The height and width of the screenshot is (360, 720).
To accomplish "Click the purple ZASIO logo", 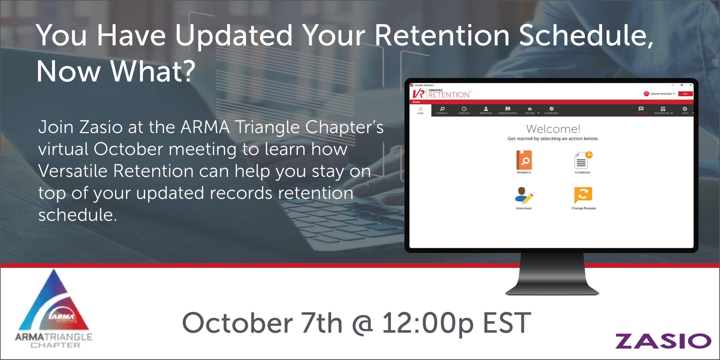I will (663, 341).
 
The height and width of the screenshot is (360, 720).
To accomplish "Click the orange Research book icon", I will (524, 160).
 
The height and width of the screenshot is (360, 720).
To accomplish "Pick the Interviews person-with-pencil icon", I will (524, 195).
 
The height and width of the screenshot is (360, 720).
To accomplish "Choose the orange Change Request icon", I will (583, 195).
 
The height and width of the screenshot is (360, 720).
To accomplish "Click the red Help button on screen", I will (685, 94).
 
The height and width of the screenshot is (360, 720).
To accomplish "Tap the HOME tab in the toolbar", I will (420, 111).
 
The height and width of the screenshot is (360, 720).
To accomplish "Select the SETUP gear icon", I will (685, 110).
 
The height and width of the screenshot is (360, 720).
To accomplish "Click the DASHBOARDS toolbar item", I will (551, 110).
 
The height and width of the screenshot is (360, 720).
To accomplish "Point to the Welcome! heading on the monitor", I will (553, 129).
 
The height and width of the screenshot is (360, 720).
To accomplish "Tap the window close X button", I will (690, 85).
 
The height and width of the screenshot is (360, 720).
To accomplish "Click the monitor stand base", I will (552, 290).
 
